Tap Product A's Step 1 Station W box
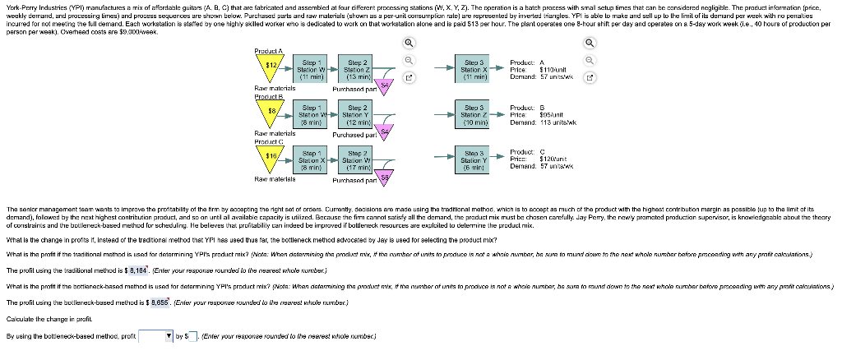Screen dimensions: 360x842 click(x=311, y=68)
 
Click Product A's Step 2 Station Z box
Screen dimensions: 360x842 click(x=358, y=68)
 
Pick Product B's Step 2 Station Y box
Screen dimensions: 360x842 click(x=358, y=113)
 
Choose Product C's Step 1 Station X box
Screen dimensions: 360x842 click(x=311, y=158)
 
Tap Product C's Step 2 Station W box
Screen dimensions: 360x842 click(x=358, y=158)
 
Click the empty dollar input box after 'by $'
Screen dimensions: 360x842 click(x=194, y=335)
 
